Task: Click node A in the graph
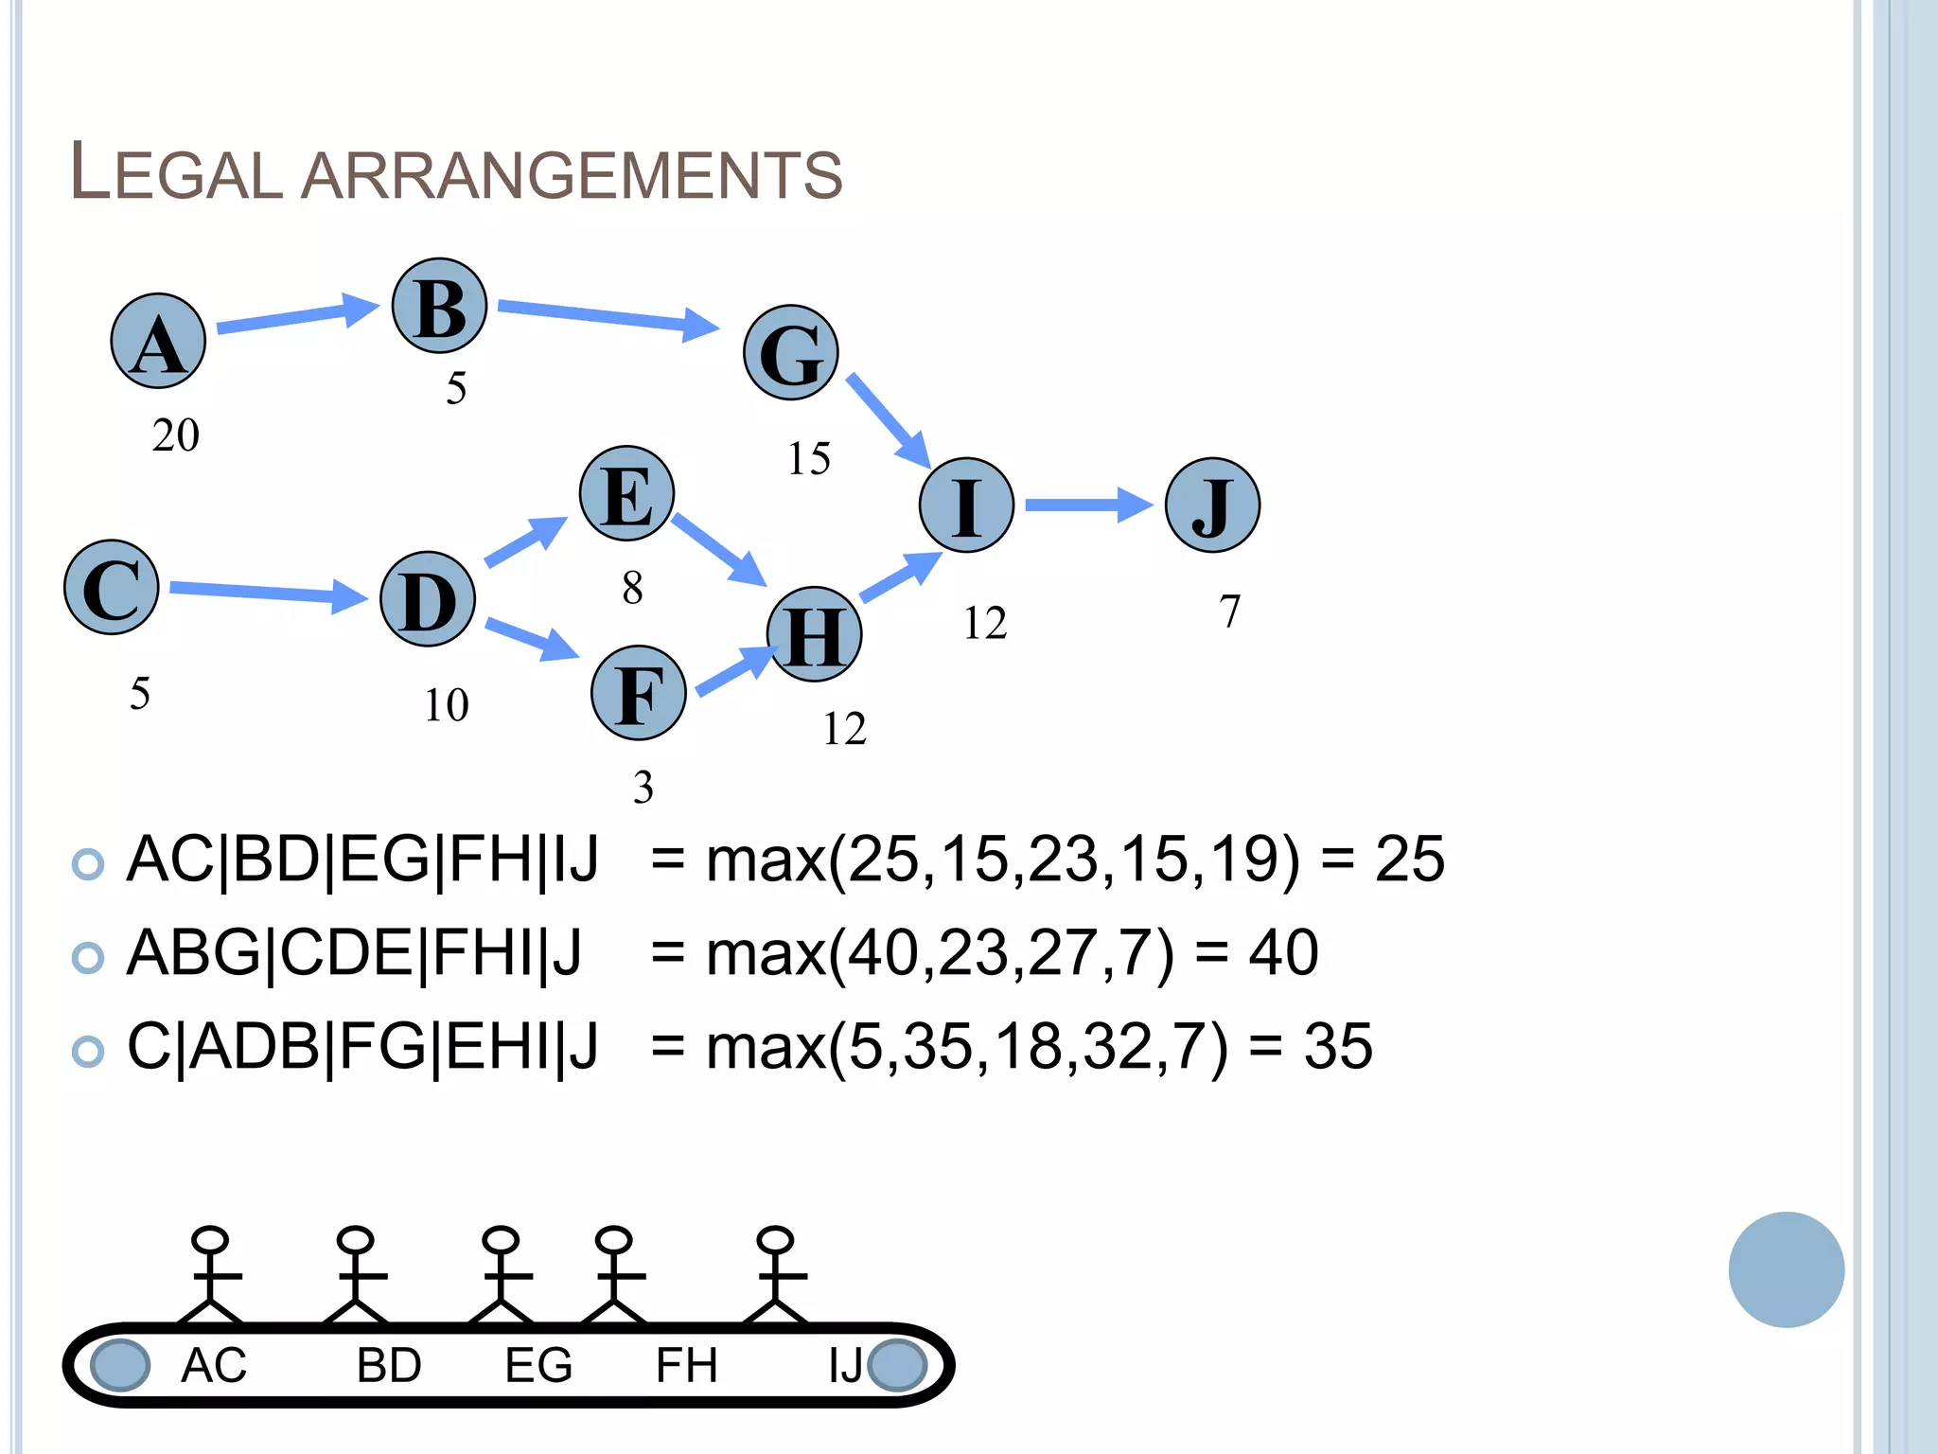(158, 341)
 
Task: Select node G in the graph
(790, 352)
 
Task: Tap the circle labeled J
(1212, 505)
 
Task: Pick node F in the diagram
(639, 693)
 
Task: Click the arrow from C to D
(268, 593)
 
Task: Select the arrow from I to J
(1088, 505)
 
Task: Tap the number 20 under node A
(176, 435)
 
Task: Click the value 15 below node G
(809, 459)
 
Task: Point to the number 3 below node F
(643, 788)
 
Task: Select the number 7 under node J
(1229, 612)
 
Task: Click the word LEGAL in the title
(177, 172)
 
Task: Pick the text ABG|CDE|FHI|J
(355, 952)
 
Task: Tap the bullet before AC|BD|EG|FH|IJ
(88, 863)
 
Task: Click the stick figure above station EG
(501, 1273)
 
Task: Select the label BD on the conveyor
(389, 1365)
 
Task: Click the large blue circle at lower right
(1786, 1269)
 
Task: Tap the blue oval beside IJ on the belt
(897, 1365)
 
